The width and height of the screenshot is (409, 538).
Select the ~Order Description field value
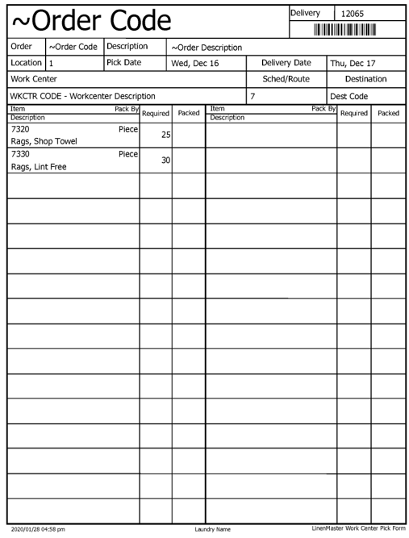click(x=207, y=48)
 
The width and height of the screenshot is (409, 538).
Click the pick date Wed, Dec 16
click(x=194, y=63)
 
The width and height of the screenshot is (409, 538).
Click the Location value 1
click(x=51, y=63)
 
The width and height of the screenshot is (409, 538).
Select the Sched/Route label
click(x=286, y=79)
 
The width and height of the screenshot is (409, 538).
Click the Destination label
click(x=365, y=79)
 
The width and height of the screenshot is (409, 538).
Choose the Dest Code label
click(x=349, y=96)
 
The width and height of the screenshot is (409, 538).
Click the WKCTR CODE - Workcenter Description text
click(x=82, y=96)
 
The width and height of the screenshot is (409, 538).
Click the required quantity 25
click(x=165, y=135)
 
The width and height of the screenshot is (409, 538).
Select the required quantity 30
click(x=165, y=161)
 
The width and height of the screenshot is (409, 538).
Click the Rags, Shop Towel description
click(x=44, y=141)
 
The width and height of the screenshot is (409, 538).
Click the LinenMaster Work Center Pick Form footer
click(x=357, y=528)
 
